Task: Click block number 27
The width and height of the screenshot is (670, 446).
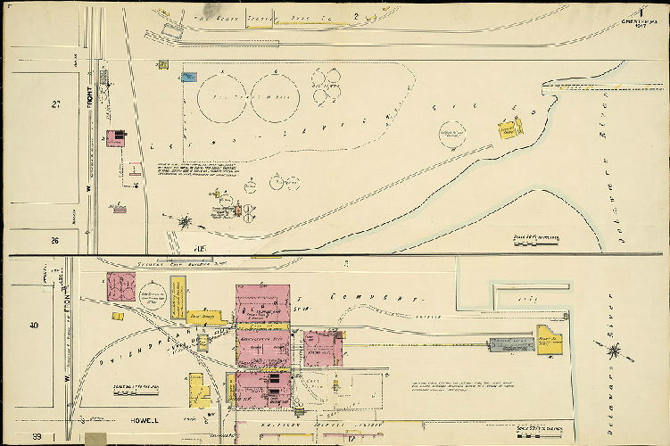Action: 56,105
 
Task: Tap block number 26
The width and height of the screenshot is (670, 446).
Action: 54,240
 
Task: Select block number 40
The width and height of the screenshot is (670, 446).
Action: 35,326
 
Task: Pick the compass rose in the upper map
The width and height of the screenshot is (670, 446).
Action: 186,220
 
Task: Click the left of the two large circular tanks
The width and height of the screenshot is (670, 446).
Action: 222,97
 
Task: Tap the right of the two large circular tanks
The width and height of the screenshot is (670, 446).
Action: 274,97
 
